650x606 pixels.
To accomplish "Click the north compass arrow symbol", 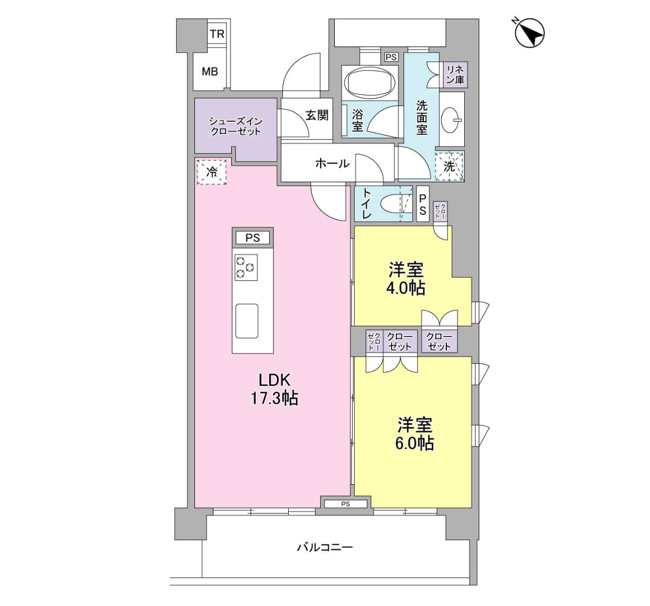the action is pyautogui.click(x=529, y=33).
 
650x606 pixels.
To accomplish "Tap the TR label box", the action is pyautogui.click(x=217, y=34).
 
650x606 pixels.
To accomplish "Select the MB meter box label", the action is pyautogui.click(x=210, y=71).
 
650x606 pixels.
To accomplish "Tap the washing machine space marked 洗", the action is pyautogui.click(x=449, y=166).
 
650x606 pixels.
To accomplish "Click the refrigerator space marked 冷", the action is pyautogui.click(x=211, y=172).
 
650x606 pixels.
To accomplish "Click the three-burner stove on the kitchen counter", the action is pyautogui.click(x=246, y=267).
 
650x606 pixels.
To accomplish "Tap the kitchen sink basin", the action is pyautogui.click(x=247, y=321).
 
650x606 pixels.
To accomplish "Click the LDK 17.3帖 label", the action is pyautogui.click(x=274, y=389).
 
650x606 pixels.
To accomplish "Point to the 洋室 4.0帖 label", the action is pyautogui.click(x=406, y=279).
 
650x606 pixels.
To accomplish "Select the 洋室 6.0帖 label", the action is pyautogui.click(x=415, y=433).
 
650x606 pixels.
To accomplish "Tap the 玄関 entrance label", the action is pyautogui.click(x=317, y=115).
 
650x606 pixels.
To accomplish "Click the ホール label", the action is pyautogui.click(x=332, y=163).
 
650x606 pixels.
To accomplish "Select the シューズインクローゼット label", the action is pyautogui.click(x=236, y=127).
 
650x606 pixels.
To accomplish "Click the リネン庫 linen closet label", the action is pyautogui.click(x=455, y=75).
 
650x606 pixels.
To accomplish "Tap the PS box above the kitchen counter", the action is pyautogui.click(x=252, y=238).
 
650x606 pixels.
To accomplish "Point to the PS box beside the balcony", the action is pyautogui.click(x=346, y=504).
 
